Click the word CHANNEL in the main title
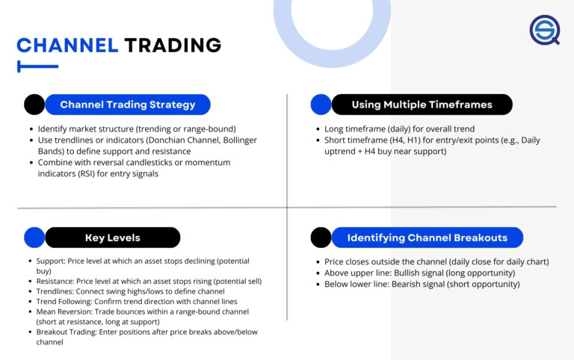(x=67, y=46)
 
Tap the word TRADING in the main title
(x=173, y=46)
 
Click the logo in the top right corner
(x=544, y=30)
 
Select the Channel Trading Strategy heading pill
(x=128, y=105)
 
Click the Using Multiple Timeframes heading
(x=422, y=105)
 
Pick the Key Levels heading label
(x=112, y=238)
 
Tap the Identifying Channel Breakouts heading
(x=427, y=238)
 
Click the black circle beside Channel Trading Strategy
(x=34, y=105)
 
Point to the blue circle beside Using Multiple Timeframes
(x=321, y=105)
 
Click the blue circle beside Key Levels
(x=34, y=238)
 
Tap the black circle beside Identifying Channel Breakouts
(x=321, y=238)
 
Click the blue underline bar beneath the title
(x=37, y=66)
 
